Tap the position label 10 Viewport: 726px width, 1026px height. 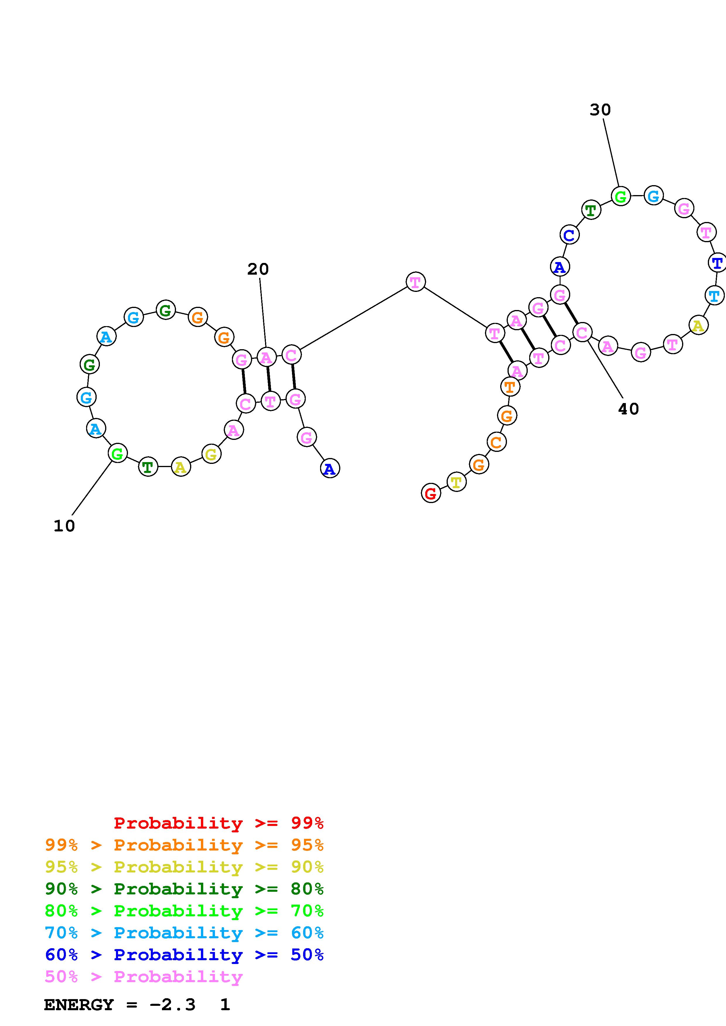tap(64, 526)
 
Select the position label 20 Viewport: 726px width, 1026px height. tap(258, 269)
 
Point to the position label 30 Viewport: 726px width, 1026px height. tap(600, 109)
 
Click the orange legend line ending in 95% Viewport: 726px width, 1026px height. tap(184, 845)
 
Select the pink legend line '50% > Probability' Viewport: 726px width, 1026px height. tap(144, 976)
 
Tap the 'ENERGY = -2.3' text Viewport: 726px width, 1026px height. tap(120, 1005)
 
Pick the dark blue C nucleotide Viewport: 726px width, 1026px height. tap(569, 235)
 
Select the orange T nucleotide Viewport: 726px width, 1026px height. tap(510, 387)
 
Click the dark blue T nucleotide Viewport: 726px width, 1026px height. tap(717, 263)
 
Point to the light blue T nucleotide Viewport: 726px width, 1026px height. tap(714, 295)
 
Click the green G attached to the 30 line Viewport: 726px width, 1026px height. tap(621, 197)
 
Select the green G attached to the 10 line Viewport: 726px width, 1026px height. tap(117, 454)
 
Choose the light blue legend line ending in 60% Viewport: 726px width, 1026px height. tap(184, 933)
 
